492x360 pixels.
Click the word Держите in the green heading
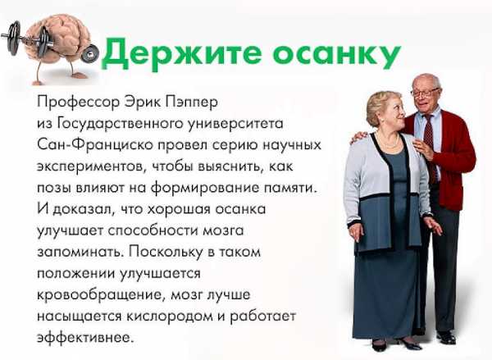181,52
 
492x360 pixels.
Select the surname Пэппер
192,103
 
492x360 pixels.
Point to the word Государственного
121,124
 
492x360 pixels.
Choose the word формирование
205,189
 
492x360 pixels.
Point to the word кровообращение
100,295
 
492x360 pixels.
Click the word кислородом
170,316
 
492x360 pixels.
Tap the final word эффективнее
85,337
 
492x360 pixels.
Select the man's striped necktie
430,148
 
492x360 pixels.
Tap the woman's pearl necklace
389,142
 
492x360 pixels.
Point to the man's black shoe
446,338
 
